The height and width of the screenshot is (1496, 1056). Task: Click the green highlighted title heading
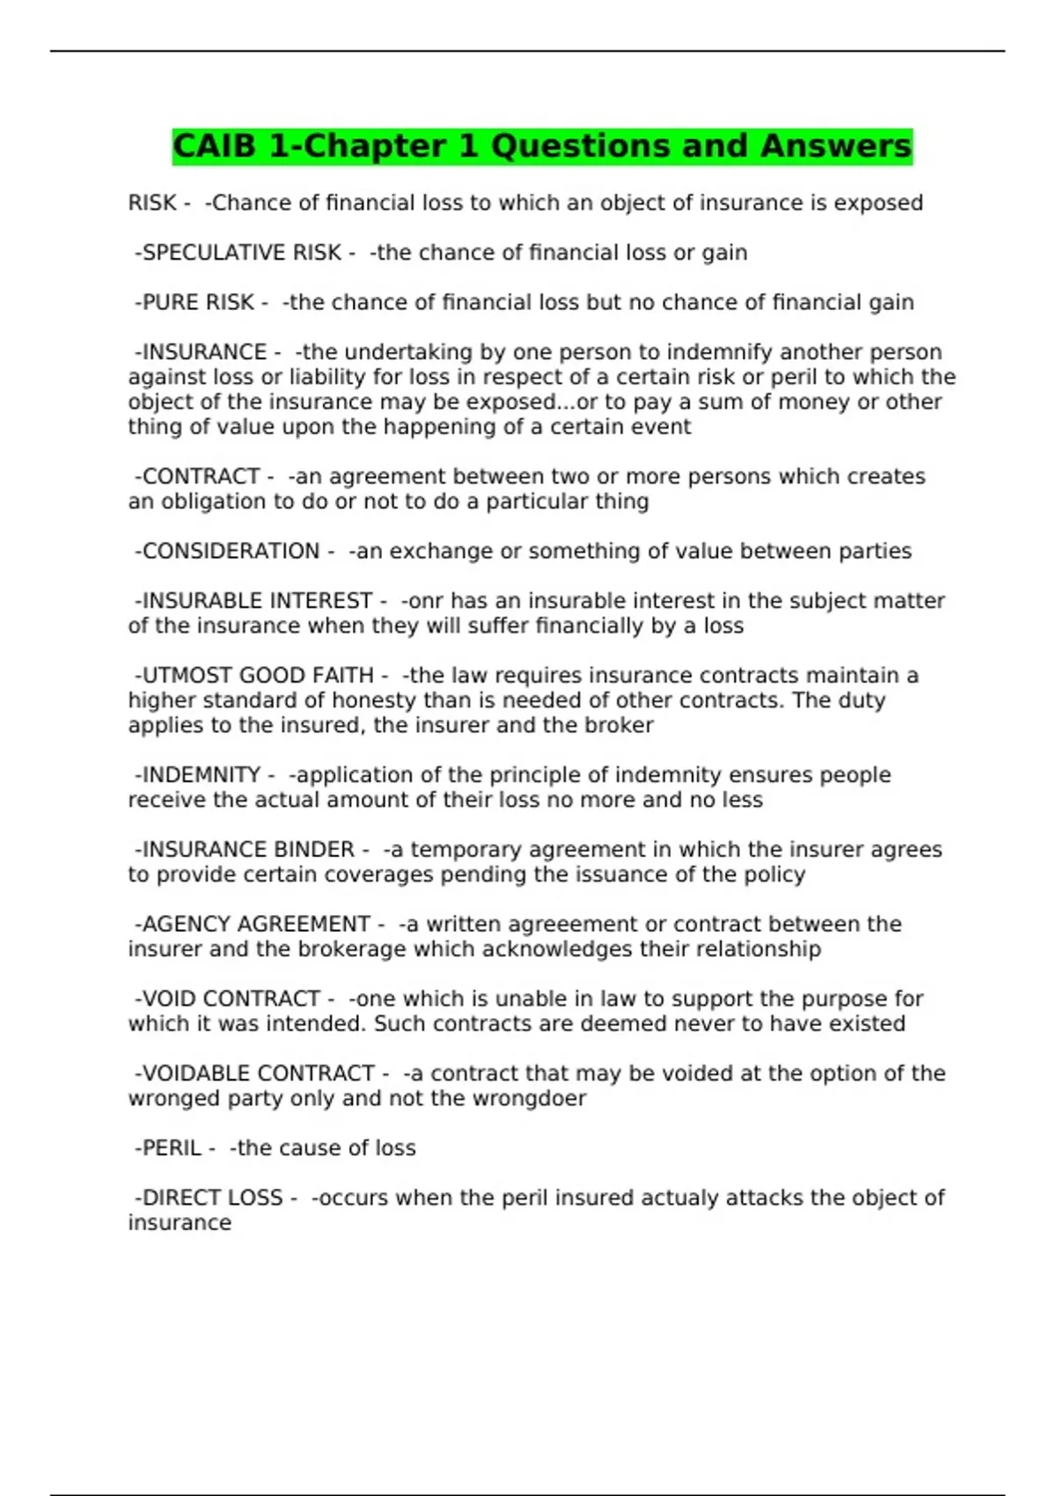(542, 146)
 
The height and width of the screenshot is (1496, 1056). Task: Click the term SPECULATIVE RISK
(241, 253)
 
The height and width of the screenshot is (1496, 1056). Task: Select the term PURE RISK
(198, 303)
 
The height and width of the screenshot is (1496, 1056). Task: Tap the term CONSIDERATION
(231, 552)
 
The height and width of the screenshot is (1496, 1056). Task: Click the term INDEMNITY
(202, 775)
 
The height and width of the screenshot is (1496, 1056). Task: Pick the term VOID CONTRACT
(231, 1000)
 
